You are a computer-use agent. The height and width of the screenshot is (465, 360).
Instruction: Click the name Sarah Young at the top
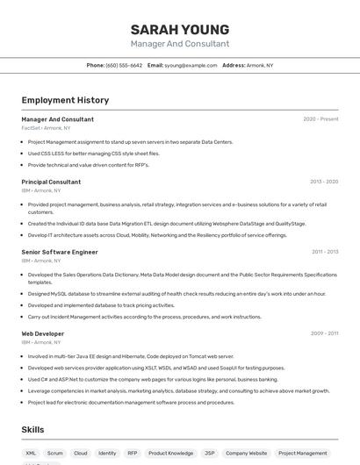pyautogui.click(x=180, y=30)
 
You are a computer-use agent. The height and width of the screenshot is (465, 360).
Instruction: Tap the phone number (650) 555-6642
pyautogui.click(x=124, y=65)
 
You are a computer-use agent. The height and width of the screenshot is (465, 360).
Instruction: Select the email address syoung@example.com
pyautogui.click(x=191, y=65)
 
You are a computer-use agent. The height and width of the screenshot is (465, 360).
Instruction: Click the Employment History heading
pyautogui.click(x=65, y=100)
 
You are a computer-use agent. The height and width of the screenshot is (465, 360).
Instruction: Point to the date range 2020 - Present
pyautogui.click(x=320, y=118)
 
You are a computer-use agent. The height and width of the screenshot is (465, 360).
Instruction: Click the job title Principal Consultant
pyautogui.click(x=51, y=182)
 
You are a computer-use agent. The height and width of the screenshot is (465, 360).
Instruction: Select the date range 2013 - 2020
pyautogui.click(x=324, y=182)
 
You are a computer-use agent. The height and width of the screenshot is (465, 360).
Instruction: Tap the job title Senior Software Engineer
pyautogui.click(x=60, y=252)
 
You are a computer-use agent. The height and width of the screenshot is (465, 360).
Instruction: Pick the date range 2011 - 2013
pyautogui.click(x=325, y=252)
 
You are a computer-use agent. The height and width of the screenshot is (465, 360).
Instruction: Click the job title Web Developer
pyautogui.click(x=43, y=333)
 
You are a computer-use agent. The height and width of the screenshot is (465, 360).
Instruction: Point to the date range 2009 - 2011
pyautogui.click(x=325, y=333)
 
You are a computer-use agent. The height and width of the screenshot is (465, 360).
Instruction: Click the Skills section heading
pyautogui.click(x=33, y=430)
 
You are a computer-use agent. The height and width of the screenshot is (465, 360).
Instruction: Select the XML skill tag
pyautogui.click(x=32, y=454)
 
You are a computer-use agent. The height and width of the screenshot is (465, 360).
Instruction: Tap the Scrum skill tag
pyautogui.click(x=55, y=454)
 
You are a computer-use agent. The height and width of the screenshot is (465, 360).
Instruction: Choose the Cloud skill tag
pyautogui.click(x=81, y=454)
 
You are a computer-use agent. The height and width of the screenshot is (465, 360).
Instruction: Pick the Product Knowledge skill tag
pyautogui.click(x=169, y=454)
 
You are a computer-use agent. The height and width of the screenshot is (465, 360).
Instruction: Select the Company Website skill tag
pyautogui.click(x=246, y=454)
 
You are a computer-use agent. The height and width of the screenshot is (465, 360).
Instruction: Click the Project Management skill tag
pyautogui.click(x=302, y=454)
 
